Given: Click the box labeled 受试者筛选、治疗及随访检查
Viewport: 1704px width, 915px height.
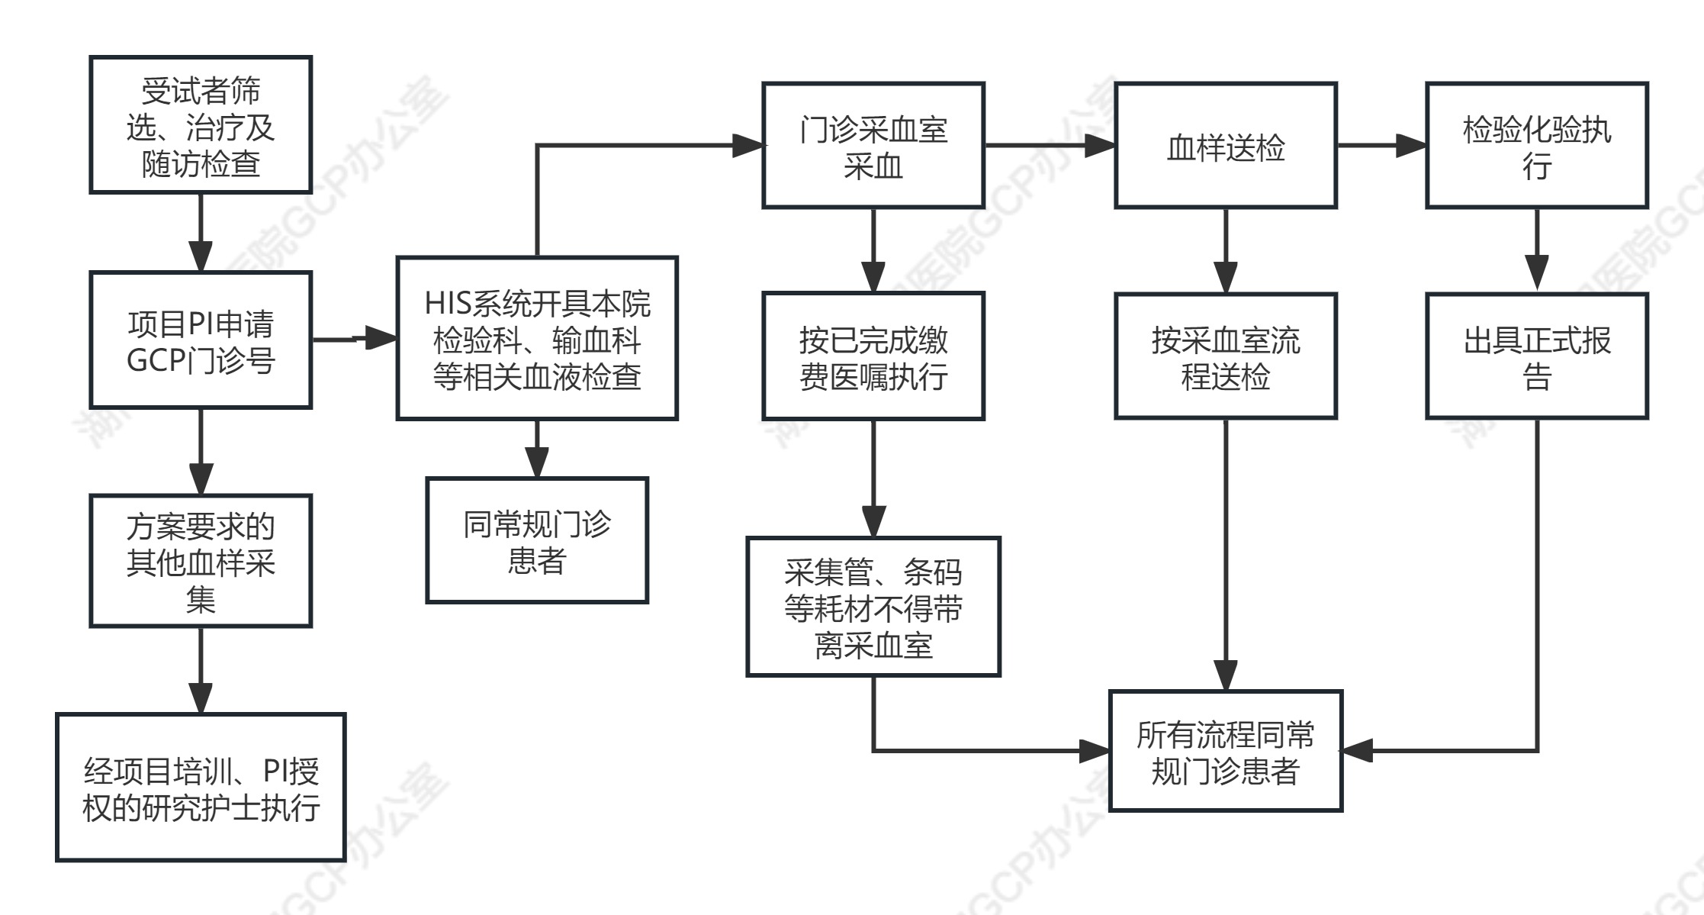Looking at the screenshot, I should click(x=201, y=124).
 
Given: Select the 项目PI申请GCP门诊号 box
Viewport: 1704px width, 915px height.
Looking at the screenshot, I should click(x=201, y=340).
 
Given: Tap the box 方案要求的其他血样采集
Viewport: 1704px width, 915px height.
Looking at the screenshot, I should click(x=201, y=561).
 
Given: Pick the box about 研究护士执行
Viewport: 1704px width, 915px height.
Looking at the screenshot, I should click(x=201, y=788).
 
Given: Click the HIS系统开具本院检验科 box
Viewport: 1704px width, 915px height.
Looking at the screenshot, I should click(x=537, y=338).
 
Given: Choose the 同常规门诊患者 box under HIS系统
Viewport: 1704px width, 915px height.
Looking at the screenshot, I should click(x=537, y=540).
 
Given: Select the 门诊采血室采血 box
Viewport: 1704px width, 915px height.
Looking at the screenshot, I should click(x=873, y=145).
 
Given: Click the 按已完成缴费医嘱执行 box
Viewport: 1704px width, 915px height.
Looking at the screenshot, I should click(x=873, y=356).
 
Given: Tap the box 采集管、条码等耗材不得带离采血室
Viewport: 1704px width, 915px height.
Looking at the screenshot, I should click(x=873, y=607).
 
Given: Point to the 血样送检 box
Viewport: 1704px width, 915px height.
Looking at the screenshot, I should click(x=1226, y=145).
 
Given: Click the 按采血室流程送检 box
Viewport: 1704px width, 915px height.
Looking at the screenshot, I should click(x=1226, y=356).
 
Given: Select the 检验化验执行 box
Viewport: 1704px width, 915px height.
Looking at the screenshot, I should click(x=1537, y=145).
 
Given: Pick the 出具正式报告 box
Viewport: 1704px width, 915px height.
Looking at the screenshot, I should click(x=1537, y=356).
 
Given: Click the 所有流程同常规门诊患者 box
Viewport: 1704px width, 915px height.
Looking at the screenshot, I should click(x=1226, y=751).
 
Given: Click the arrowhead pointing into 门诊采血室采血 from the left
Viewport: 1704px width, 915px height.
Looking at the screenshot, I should click(x=748, y=145).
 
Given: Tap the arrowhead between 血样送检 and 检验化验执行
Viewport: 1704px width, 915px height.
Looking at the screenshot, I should click(x=1411, y=145).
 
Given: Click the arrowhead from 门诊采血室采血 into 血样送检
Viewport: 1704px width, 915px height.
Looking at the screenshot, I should click(x=1100, y=145).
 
